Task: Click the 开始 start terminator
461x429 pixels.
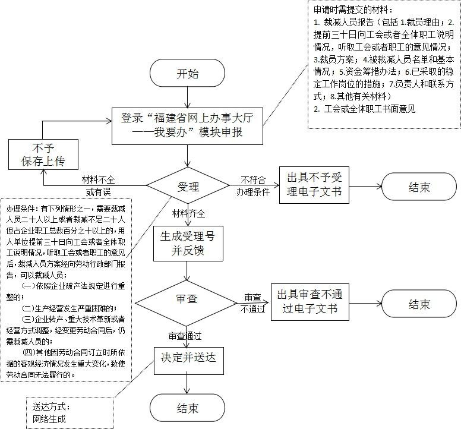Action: (x=188, y=74)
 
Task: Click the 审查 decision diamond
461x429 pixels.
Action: (x=188, y=299)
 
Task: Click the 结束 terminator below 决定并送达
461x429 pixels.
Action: (x=188, y=408)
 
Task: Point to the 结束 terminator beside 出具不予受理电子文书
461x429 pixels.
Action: (x=419, y=187)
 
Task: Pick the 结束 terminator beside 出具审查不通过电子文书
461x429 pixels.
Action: (x=419, y=304)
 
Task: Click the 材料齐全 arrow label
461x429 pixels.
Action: (x=189, y=213)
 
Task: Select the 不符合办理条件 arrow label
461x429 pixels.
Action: (x=253, y=185)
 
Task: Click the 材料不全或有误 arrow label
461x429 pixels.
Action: (x=99, y=185)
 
